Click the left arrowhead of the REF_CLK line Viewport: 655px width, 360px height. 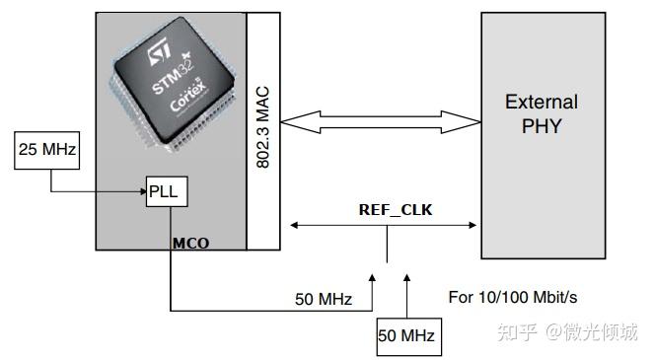291,226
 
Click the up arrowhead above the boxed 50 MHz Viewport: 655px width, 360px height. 407,280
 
